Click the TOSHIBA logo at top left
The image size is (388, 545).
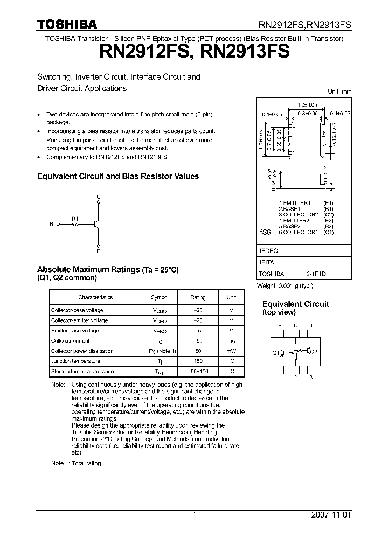(x=67, y=24)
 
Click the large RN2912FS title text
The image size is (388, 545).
(x=141, y=52)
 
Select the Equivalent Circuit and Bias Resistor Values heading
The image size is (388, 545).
(x=117, y=176)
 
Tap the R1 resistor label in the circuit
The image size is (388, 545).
(x=75, y=219)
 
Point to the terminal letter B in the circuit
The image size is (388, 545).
(x=52, y=225)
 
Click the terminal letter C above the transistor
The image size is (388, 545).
(x=98, y=197)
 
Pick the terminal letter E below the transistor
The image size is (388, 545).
(x=98, y=251)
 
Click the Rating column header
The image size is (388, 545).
(x=198, y=297)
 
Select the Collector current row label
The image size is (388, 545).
(x=70, y=341)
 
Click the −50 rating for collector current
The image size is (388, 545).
(x=198, y=341)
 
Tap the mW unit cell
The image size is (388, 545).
(x=231, y=351)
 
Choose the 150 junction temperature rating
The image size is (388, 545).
(x=198, y=361)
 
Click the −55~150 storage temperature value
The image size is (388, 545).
(x=198, y=372)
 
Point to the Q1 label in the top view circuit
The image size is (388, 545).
(x=275, y=352)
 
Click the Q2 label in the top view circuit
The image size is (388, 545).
(x=314, y=351)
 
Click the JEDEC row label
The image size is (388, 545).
(x=268, y=251)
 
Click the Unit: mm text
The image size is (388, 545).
(x=339, y=92)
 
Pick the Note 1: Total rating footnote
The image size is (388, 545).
(x=76, y=463)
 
